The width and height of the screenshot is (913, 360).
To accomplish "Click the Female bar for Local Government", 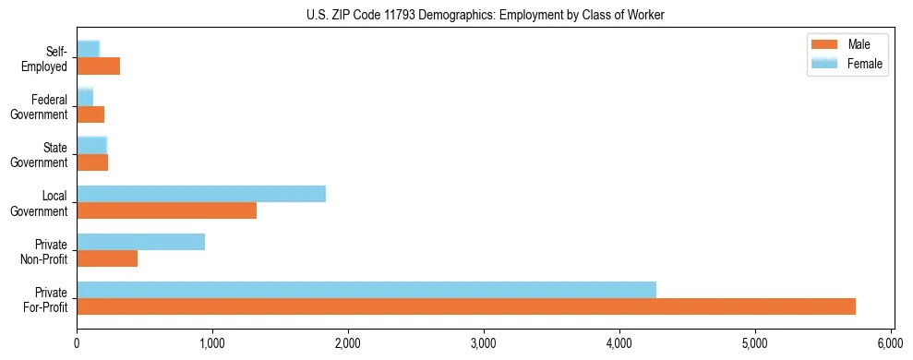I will pos(201,194).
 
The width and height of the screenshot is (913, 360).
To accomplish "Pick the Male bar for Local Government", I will pos(167,210).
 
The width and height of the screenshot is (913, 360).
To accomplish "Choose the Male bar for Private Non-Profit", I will pos(107,258).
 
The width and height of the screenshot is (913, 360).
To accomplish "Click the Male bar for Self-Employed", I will pos(99,66).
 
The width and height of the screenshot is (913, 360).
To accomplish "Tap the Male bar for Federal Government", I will pos(90,114).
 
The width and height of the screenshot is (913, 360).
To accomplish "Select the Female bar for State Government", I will pos(92,145).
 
